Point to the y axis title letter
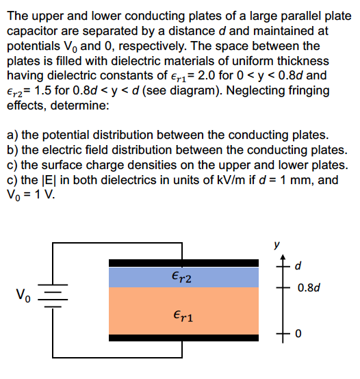click(x=277, y=242)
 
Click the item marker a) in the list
click(x=13, y=135)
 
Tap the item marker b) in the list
click(x=13, y=150)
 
